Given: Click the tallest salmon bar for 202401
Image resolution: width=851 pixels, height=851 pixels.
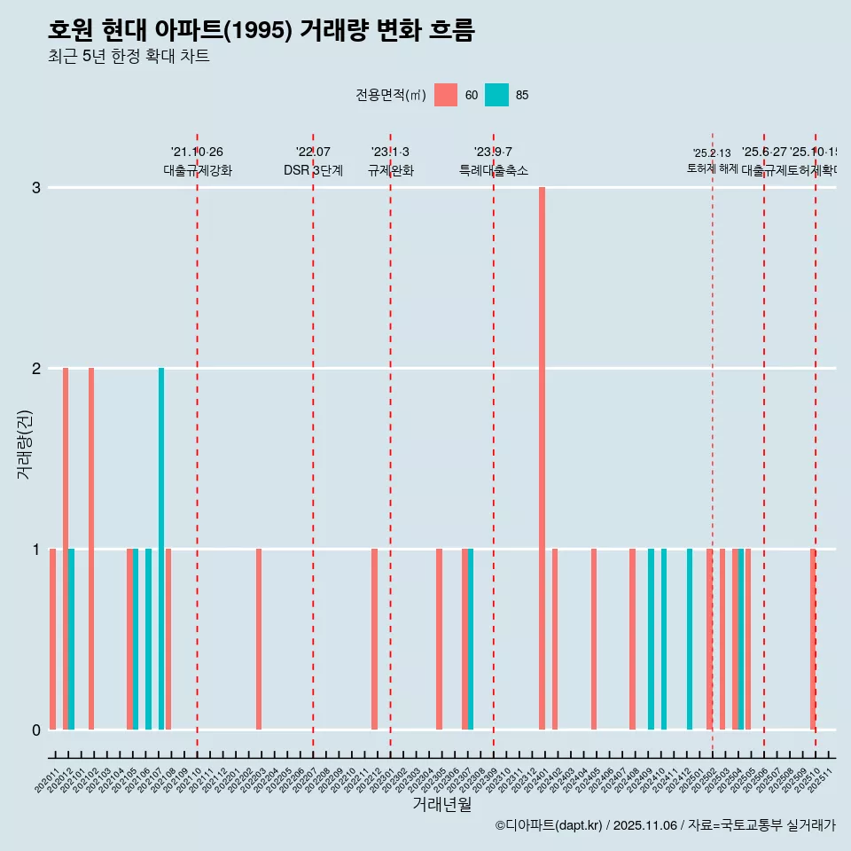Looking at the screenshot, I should [542, 458].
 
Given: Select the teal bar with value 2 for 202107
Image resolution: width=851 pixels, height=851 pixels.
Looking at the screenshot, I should [161, 549].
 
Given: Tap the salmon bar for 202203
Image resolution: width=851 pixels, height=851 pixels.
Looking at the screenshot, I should [259, 639].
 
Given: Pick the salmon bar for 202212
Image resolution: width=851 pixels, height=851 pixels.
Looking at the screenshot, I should [374, 639].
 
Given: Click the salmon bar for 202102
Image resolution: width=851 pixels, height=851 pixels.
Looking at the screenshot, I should [91, 549].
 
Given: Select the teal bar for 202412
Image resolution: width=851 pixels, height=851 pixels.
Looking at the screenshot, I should [690, 639].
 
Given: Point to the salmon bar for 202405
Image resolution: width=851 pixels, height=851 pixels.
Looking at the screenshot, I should [594, 639].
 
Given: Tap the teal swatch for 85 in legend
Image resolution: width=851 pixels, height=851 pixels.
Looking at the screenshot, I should [497, 95].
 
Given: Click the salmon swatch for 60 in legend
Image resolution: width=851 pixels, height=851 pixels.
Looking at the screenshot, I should [446, 95].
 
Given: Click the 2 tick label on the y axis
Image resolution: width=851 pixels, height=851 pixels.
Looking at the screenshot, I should [36, 368].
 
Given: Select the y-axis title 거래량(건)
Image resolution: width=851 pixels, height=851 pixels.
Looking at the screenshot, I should [24, 443].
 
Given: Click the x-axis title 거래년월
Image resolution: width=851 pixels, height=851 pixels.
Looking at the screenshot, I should [441, 804].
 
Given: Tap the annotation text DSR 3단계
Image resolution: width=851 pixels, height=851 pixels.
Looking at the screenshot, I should [313, 170].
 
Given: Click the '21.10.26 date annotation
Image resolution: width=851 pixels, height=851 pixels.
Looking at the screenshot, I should [197, 152].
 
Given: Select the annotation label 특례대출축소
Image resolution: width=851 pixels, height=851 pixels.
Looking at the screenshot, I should [493, 170].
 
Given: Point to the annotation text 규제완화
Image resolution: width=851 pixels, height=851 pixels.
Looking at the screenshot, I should [390, 170].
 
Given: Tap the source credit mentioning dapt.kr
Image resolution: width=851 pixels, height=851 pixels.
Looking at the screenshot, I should [665, 825].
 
